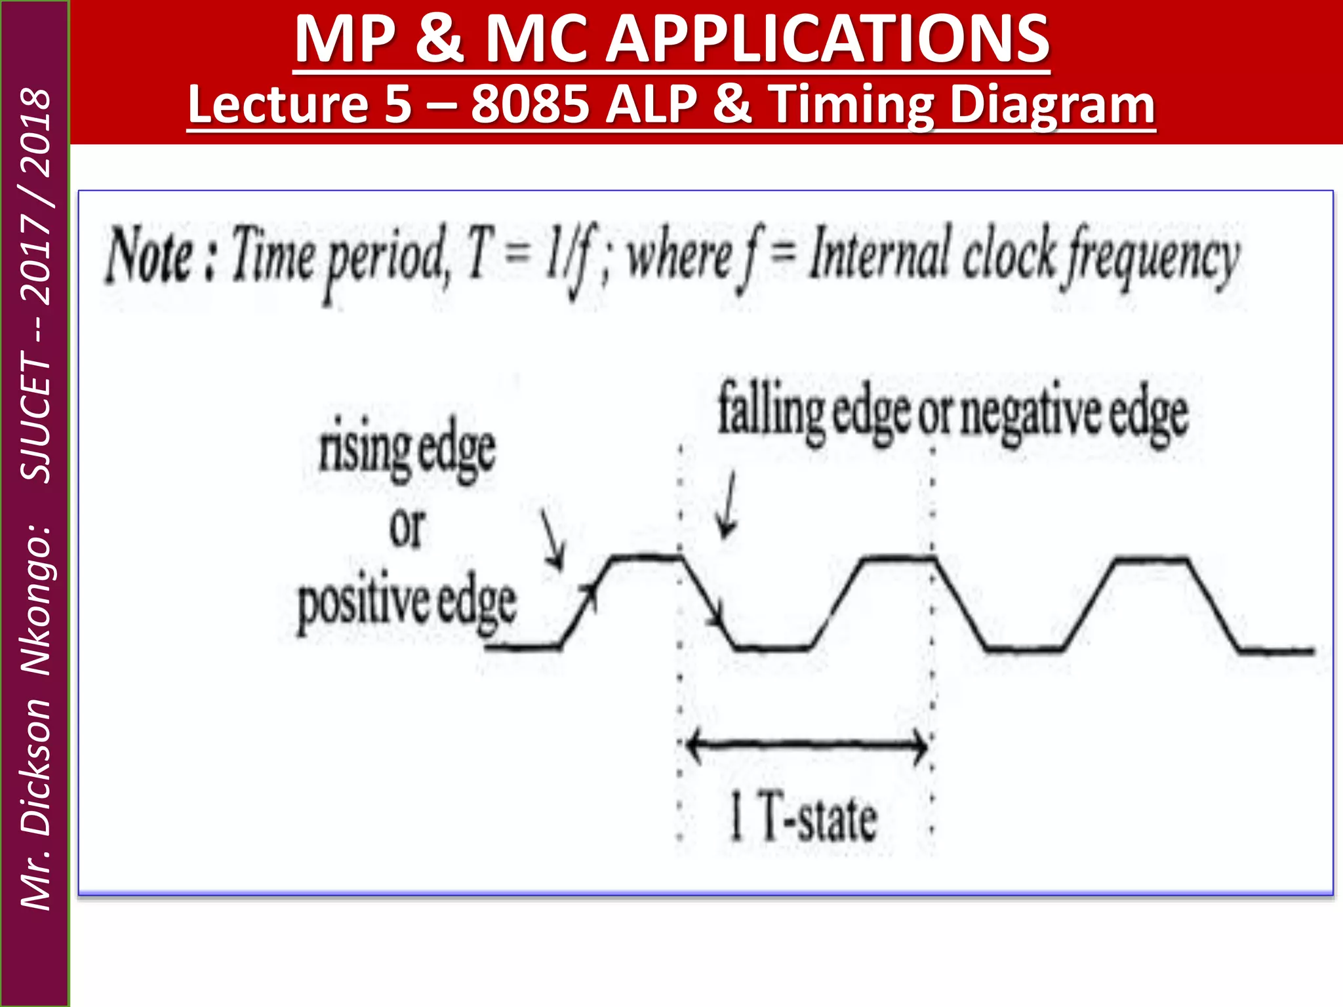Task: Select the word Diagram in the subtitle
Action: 1052,104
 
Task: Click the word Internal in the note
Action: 879,256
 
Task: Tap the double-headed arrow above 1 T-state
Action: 807,745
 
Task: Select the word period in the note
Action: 387,259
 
